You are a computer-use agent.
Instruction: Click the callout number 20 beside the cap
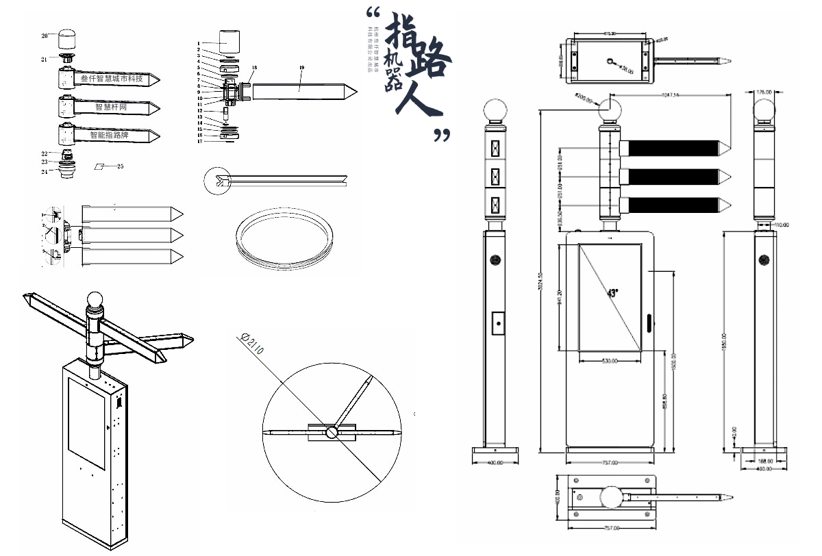(x=45, y=35)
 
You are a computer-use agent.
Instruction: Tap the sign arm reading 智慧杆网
(x=113, y=108)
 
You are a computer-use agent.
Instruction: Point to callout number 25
(x=120, y=166)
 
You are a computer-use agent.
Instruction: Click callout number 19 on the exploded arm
(x=301, y=67)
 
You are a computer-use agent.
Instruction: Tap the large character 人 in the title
(x=415, y=100)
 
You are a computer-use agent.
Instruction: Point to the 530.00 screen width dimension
(x=610, y=361)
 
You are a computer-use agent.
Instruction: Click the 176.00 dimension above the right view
(x=764, y=92)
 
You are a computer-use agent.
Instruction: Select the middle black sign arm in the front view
(x=673, y=176)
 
